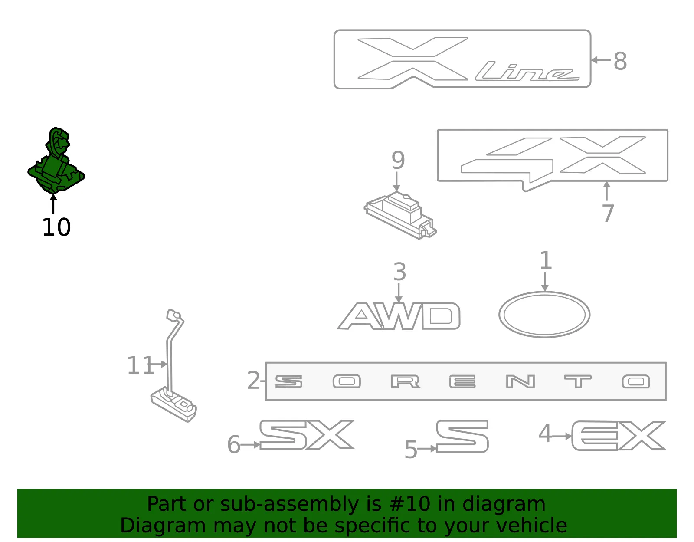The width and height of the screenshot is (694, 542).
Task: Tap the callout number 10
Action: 56,227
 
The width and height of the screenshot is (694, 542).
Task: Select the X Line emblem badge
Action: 462,59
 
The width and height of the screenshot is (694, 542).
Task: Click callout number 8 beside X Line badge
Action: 620,61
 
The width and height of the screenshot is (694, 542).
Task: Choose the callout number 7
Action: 608,214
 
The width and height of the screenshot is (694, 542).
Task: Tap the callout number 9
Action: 398,160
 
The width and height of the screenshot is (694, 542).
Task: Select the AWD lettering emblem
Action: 399,316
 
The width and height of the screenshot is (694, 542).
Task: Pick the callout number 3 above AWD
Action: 399,272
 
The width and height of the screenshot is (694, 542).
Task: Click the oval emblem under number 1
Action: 544,314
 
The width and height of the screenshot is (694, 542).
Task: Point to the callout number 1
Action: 546,260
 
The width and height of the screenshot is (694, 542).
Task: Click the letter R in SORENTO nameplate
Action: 405,381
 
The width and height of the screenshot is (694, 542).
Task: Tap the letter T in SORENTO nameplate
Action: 577,381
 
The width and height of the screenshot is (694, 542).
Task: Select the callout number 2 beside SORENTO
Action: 254,381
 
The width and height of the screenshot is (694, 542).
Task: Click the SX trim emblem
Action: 307,435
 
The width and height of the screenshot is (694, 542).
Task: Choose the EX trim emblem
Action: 618,436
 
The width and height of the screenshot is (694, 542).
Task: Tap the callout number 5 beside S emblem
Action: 411,450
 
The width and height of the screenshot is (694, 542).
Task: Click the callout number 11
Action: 141,365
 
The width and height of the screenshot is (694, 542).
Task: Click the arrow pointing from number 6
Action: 250,445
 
